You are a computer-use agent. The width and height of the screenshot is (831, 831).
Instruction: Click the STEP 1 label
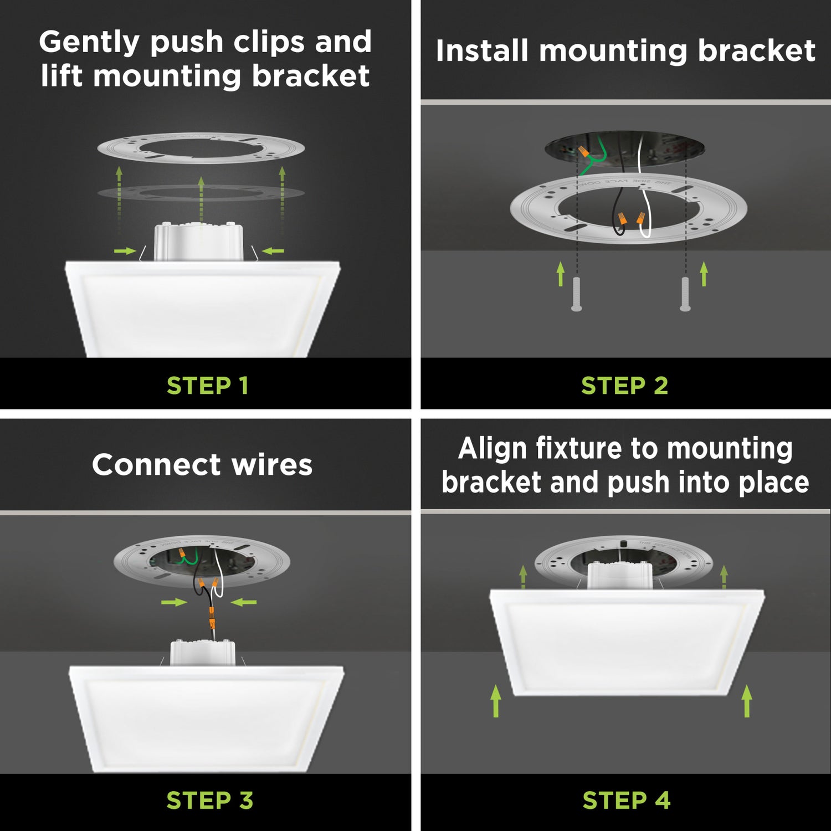pyautogui.click(x=207, y=386)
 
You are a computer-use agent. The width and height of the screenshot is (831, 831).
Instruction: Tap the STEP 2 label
pyautogui.click(x=624, y=386)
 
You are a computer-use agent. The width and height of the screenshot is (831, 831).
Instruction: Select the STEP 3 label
pyautogui.click(x=209, y=800)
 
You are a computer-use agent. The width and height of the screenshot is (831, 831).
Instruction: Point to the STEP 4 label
pyautogui.click(x=626, y=800)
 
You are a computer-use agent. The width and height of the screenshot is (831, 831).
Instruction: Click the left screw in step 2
pyautogui.click(x=576, y=294)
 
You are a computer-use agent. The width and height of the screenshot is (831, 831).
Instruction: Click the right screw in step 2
pyautogui.click(x=685, y=294)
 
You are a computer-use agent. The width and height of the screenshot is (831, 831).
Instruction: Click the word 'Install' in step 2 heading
pyautogui.click(x=481, y=51)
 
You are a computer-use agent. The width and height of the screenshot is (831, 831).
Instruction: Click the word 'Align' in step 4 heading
pyautogui.click(x=493, y=448)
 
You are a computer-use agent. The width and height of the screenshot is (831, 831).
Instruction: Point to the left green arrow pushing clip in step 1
pyautogui.click(x=125, y=251)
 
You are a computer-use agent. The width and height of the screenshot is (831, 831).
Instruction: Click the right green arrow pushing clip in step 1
pyautogui.click(x=273, y=251)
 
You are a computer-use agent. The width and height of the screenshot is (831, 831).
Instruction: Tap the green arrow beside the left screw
pyautogui.click(x=561, y=274)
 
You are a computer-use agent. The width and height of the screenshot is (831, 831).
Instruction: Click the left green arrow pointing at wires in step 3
pyautogui.click(x=174, y=602)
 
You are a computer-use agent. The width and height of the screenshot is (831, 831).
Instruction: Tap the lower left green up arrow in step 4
pyautogui.click(x=496, y=701)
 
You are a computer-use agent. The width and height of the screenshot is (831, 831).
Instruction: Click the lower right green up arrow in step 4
pyautogui.click(x=747, y=701)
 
